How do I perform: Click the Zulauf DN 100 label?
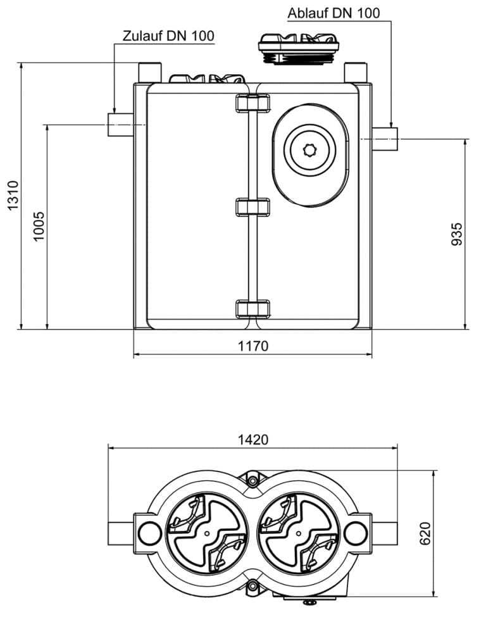(168, 36)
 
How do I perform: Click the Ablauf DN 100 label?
(333, 13)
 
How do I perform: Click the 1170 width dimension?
(252, 346)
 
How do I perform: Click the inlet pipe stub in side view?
(120, 125)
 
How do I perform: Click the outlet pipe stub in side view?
(385, 139)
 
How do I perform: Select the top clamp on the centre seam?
(252, 103)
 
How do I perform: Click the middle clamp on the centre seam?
(252, 207)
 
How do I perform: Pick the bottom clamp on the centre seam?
(252, 309)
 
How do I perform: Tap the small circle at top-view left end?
(149, 533)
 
